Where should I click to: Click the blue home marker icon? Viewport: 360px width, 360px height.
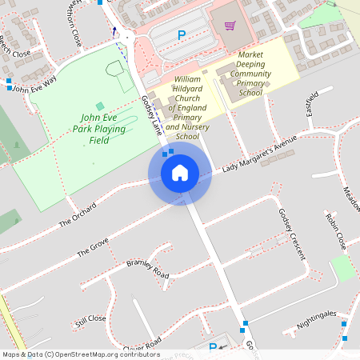tap(179, 172)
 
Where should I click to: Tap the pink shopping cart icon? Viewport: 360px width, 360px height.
tap(230, 26)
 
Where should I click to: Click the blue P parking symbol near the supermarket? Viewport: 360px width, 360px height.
tap(182, 35)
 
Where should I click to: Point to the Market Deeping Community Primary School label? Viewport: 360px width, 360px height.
tap(250, 74)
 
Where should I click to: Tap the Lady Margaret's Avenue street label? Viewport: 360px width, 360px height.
tap(259, 153)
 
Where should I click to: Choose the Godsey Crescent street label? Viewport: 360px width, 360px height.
tap(291, 233)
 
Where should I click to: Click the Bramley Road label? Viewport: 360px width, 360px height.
tap(148, 269)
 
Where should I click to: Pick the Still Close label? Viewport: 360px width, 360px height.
tap(90, 322)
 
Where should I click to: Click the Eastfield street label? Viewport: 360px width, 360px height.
tap(313, 105)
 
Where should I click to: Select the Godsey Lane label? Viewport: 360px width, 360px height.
tap(150, 114)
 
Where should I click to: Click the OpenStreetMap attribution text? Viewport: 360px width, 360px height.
tap(80, 354)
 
